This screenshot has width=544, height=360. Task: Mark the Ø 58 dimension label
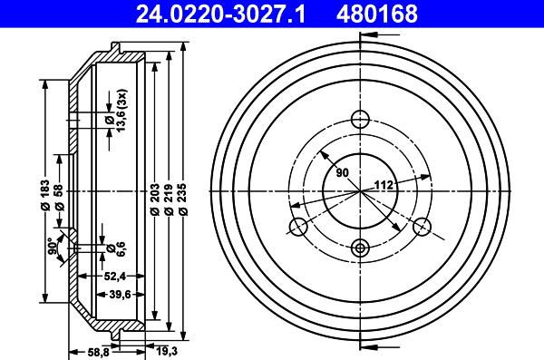point(59,196)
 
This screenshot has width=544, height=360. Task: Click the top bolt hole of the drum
point(361,118)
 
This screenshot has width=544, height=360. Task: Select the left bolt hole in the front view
point(296,227)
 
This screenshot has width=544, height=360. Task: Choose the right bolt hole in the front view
point(423,228)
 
